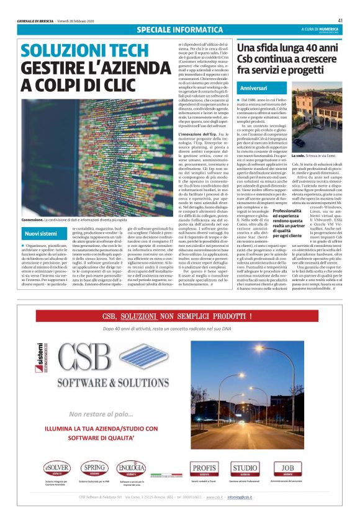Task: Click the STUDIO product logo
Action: click(x=245, y=467)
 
